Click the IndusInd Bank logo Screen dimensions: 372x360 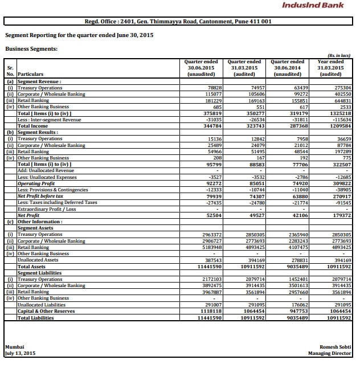(313, 6)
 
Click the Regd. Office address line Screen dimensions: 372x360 (178, 22)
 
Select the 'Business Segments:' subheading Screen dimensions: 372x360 (31, 49)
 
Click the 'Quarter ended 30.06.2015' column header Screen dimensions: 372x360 (201, 68)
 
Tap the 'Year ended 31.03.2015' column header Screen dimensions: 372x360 (330, 68)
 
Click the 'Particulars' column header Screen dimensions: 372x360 (31, 75)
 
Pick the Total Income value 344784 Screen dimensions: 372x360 (212, 126)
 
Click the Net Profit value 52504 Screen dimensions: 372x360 (213, 215)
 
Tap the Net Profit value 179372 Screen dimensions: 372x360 (341, 215)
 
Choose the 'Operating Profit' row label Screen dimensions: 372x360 (36, 183)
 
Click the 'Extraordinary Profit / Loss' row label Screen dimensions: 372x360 (47, 209)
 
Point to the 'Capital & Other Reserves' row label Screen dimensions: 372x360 (46, 311)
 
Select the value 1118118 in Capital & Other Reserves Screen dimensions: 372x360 (211, 311)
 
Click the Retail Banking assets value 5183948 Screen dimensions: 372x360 (211, 247)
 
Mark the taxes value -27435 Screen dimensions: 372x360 (212, 202)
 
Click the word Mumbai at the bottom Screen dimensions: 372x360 (15, 346)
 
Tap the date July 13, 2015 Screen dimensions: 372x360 (20, 353)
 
